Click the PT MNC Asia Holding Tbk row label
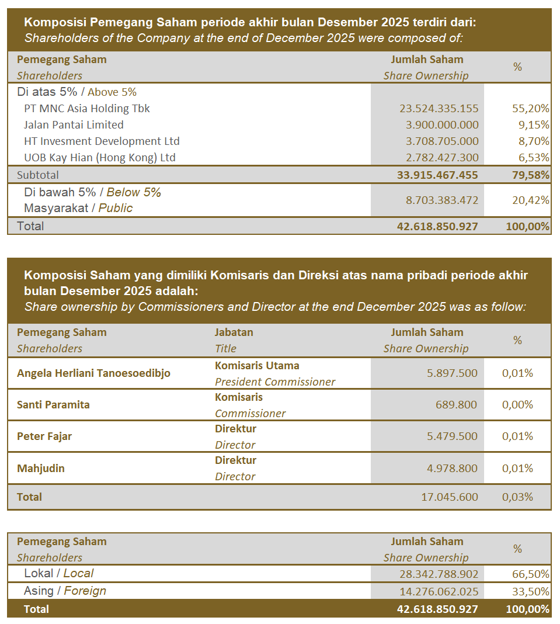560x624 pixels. pyautogui.click(x=87, y=108)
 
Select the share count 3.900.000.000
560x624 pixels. pyautogui.click(x=439, y=124)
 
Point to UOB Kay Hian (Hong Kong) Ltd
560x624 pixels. pyautogui.click(x=100, y=157)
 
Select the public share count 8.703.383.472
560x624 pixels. pyautogui.click(x=441, y=200)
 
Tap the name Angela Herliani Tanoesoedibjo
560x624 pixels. pyautogui.click(x=93, y=373)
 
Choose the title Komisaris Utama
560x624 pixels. pyautogui.click(x=257, y=366)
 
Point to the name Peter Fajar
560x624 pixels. pyautogui.click(x=44, y=436)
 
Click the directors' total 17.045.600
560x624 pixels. pyautogui.click(x=449, y=497)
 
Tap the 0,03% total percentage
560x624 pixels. pyautogui.click(x=517, y=497)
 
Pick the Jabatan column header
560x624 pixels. pyautogui.click(x=234, y=332)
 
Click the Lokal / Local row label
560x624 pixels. pyautogui.click(x=58, y=574)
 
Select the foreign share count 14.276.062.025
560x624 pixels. pyautogui.click(x=439, y=591)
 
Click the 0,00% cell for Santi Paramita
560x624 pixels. pyautogui.click(x=517, y=404)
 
